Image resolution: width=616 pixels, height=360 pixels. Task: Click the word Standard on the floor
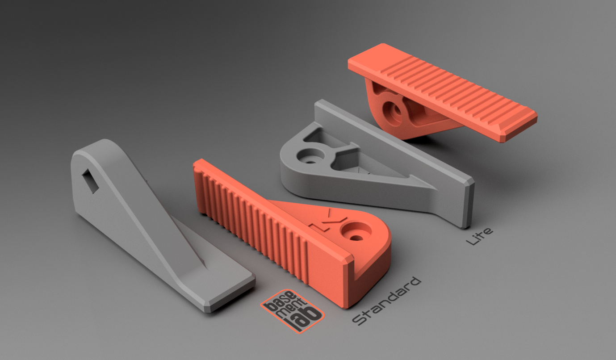(386, 301)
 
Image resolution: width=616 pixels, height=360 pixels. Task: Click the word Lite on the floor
(479, 236)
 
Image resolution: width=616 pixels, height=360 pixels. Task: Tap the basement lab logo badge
(292, 311)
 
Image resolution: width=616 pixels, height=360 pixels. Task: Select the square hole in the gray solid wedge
(91, 181)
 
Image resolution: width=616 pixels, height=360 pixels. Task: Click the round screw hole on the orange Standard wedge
(356, 231)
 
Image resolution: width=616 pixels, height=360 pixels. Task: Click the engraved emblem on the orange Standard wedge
(327, 221)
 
